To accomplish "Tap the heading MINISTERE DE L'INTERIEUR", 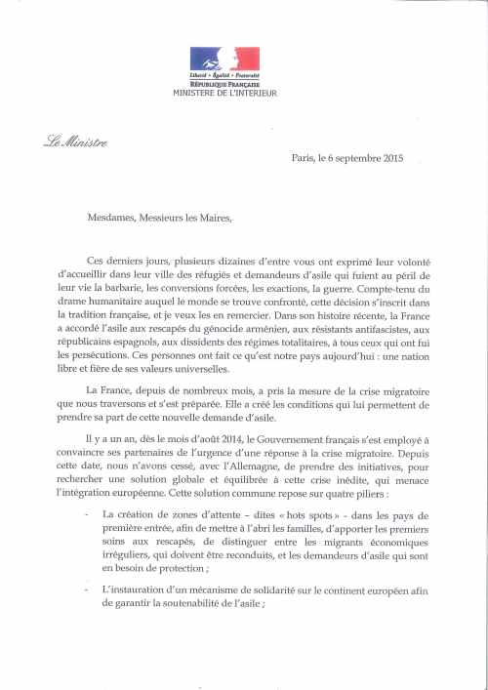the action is pos(224,93).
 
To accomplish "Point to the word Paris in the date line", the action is pos(305,158).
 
